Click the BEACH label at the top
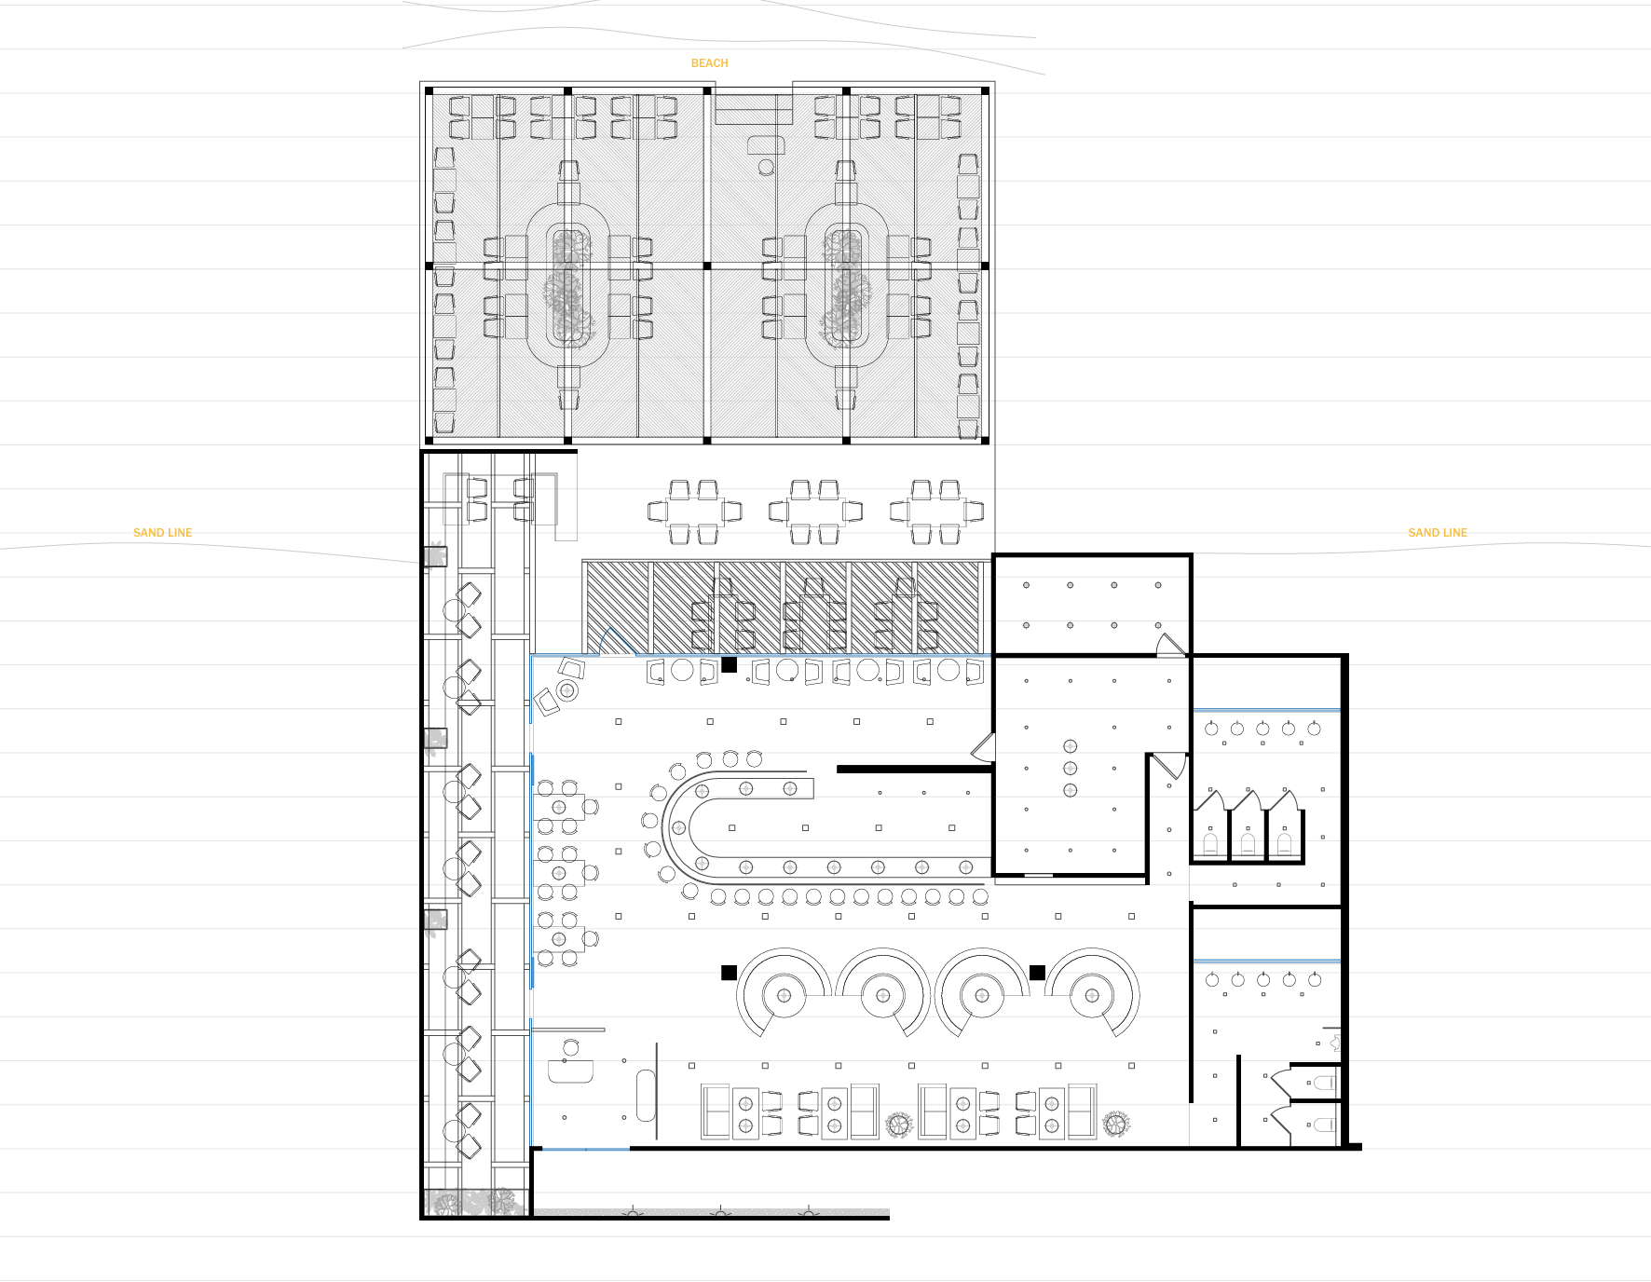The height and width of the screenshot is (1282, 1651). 709,63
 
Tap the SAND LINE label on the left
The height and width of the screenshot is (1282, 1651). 162,533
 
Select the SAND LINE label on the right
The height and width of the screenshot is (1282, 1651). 1438,533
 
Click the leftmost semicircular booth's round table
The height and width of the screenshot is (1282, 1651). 784,995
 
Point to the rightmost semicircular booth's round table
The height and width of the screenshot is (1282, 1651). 1092,995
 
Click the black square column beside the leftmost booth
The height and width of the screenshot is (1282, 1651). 729,973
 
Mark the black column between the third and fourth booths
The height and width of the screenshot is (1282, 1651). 1037,973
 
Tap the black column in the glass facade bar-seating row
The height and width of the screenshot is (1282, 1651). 730,664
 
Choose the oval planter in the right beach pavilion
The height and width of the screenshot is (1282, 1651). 846,285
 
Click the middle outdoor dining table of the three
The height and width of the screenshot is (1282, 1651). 815,511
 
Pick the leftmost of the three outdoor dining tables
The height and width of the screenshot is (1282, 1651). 694,511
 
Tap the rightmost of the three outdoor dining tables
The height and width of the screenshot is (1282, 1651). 936,511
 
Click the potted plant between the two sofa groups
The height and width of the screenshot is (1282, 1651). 898,1125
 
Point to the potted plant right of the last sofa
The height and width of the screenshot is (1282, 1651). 1115,1125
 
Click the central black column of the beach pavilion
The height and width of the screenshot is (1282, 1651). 707,266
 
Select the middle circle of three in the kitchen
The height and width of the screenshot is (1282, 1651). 1071,769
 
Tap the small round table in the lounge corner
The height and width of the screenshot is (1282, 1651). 566,690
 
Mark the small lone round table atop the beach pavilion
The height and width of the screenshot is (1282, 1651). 766,167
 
